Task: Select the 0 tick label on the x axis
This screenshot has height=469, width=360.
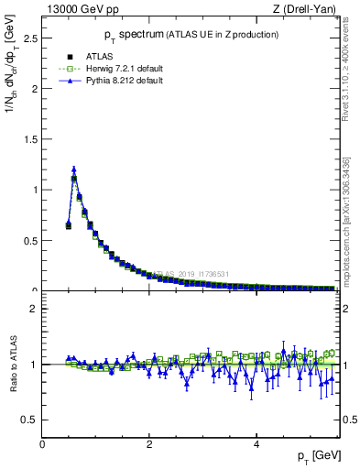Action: click(42, 444)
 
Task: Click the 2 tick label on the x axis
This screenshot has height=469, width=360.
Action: click(149, 444)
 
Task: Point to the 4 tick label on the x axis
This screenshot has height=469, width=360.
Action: click(256, 444)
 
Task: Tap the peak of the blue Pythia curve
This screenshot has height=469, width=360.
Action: click(74, 169)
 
